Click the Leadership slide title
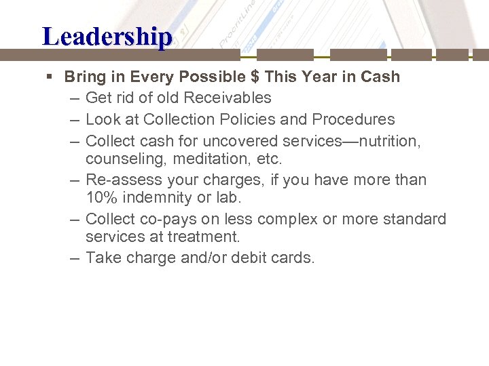click(x=107, y=36)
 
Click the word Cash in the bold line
click(x=380, y=77)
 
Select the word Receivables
click(x=229, y=98)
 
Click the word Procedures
click(x=353, y=119)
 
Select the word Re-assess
click(x=123, y=180)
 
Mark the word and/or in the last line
click(x=194, y=258)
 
